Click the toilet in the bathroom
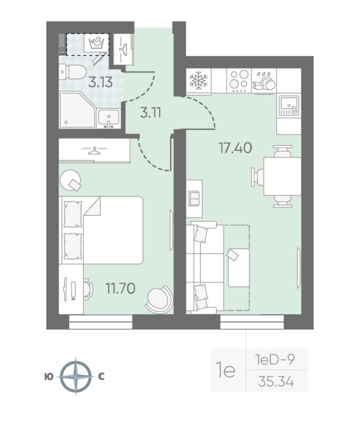pos(73,72)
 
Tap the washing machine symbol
pos(96,43)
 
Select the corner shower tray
pos(77,110)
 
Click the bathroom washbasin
pos(109,118)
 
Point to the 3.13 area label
pos(100,82)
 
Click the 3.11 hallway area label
pos(151,112)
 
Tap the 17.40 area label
pos(235,148)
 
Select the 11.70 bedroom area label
pos(121,288)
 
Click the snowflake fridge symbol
pos(199,80)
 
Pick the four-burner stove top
pos(239,80)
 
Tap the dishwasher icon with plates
pos(264,81)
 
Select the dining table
pos(283,176)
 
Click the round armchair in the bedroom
pos(159,300)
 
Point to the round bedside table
pos(70,180)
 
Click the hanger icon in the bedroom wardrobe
pos(94,150)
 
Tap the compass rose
pos(76,376)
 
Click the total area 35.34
pos(276,381)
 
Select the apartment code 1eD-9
pos(275,359)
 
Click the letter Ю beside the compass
pos(49,377)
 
